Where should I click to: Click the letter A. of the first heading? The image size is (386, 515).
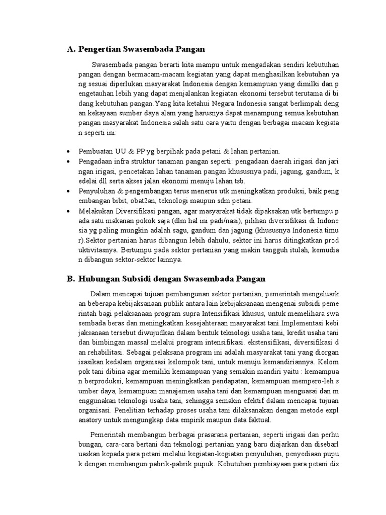(x=71, y=49)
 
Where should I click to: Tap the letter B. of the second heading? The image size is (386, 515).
(x=71, y=279)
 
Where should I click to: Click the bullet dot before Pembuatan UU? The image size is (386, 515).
(x=68, y=151)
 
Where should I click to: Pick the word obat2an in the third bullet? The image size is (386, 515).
(x=131, y=201)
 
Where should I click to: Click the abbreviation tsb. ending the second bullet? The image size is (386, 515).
(x=243, y=181)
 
